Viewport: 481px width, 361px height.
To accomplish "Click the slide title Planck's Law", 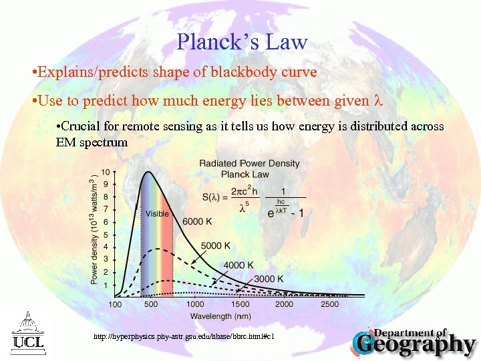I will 242,42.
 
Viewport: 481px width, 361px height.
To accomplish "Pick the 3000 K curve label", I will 269,278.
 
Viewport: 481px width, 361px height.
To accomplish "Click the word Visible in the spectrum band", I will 157,214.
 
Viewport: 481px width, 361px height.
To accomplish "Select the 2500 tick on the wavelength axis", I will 330,304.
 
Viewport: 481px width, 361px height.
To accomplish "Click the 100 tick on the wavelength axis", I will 115,304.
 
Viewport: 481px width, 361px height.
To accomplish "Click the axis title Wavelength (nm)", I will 220,316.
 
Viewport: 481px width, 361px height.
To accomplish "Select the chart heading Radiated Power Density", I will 249,164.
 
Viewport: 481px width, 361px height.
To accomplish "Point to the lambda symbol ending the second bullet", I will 377,101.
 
